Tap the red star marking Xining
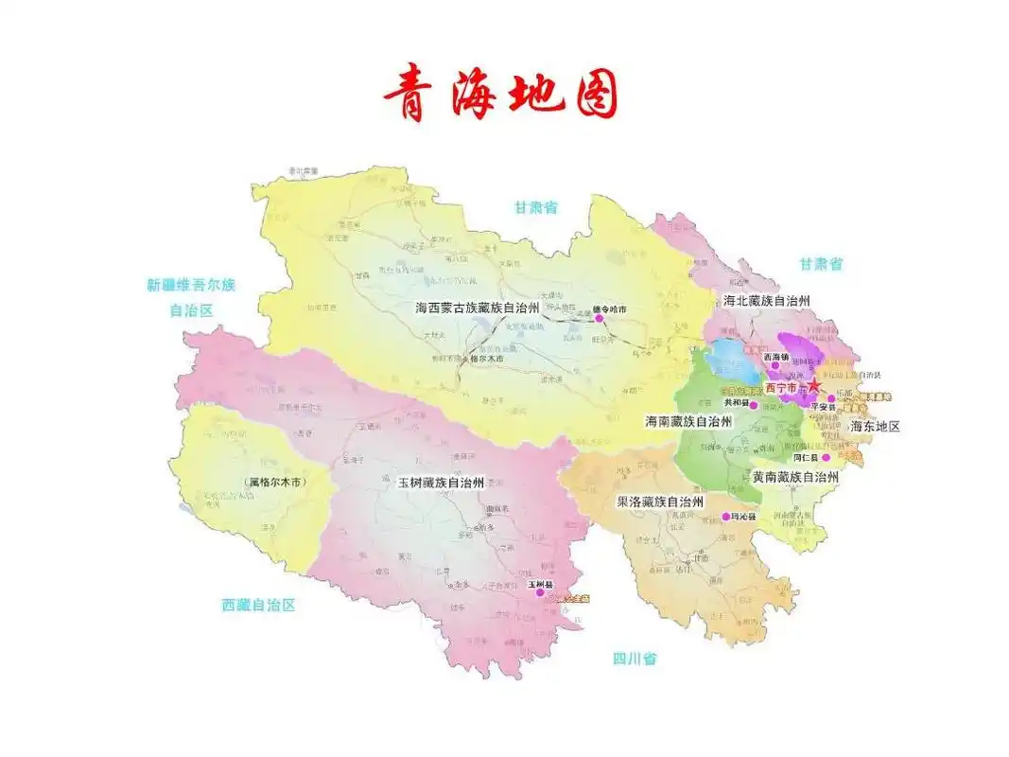coord(812,385)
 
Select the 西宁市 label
coord(781,388)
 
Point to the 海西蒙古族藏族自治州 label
coord(477,308)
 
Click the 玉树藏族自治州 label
coord(440,483)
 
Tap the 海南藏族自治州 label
coord(688,421)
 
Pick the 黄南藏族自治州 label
coord(795,478)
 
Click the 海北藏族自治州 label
coord(767,301)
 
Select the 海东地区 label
coord(875,427)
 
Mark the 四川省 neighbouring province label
coord(634,659)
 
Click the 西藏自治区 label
coord(258,605)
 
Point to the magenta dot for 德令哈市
coord(598,319)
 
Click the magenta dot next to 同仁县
coord(826,457)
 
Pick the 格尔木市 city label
coord(486,359)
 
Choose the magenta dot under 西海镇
coord(775,365)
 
